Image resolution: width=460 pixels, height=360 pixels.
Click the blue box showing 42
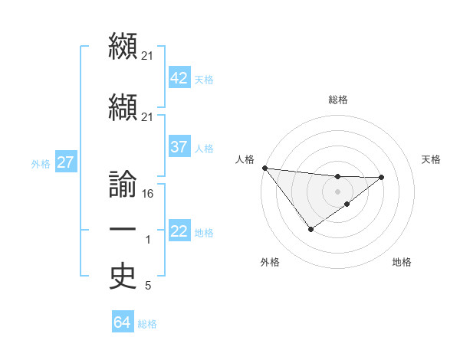[x=179, y=78]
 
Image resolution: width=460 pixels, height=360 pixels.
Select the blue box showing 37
[x=179, y=147]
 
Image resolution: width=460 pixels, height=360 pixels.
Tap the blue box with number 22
[x=179, y=231]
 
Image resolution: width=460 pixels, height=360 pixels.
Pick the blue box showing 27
[x=65, y=162]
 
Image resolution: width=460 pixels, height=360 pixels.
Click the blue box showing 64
[x=122, y=322]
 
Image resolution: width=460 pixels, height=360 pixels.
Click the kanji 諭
[x=123, y=186]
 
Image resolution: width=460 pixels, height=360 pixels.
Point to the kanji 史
[x=123, y=277]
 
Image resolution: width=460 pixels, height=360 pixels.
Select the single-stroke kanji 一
[x=123, y=231]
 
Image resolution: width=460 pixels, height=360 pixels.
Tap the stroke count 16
[x=148, y=194]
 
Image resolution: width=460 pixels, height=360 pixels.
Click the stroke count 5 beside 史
[x=148, y=286]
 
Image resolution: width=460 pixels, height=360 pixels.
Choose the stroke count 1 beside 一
[x=148, y=241]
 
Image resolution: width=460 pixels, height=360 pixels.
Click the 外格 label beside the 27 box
[x=40, y=163]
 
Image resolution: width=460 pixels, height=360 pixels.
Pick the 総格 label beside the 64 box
[x=147, y=324]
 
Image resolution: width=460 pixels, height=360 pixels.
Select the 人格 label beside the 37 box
[x=204, y=148]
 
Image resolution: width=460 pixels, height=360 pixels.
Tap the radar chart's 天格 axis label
[x=432, y=159]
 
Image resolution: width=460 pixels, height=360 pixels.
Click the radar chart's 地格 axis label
[x=402, y=262]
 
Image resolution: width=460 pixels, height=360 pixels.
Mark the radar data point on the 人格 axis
[x=264, y=167]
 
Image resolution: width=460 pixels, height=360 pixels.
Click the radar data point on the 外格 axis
[x=310, y=229]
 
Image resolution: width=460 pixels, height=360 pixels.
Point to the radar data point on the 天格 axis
[x=382, y=177]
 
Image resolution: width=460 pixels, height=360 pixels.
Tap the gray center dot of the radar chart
[x=337, y=191]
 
